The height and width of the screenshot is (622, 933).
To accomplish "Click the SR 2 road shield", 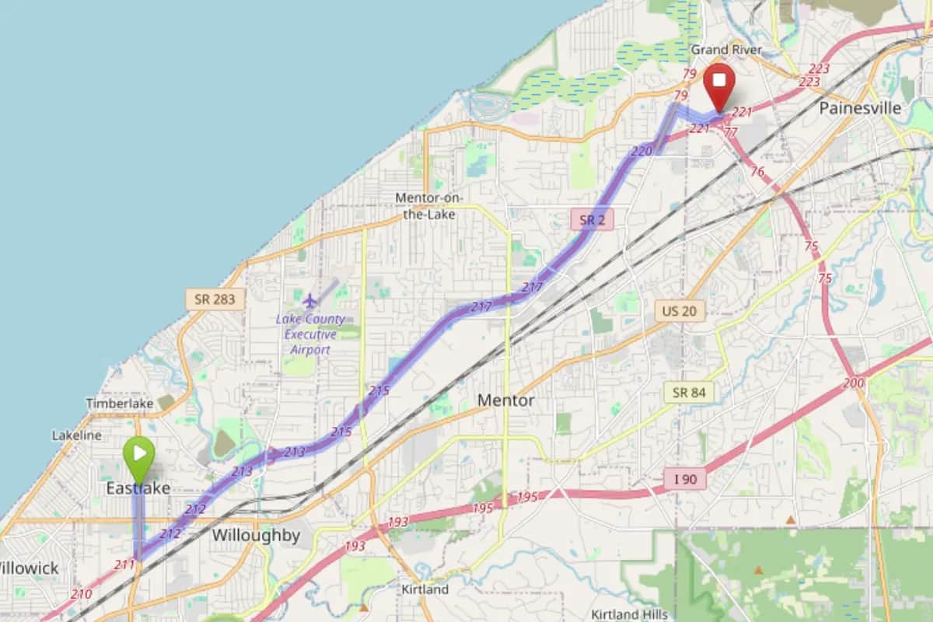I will pos(592,220).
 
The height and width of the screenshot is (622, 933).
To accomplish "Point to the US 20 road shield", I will pos(679,311).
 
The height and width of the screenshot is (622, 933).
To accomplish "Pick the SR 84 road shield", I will pos(689,392).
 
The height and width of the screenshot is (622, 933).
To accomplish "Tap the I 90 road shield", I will pos(685,479).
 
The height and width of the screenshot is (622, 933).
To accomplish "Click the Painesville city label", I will pos(860,108).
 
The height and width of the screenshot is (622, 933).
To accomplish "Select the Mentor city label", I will pos(505,400).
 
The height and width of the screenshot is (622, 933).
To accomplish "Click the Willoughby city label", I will pos(256,535).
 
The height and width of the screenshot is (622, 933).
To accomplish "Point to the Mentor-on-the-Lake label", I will pos(429,205).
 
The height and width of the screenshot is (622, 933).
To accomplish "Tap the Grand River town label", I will pos(726,50).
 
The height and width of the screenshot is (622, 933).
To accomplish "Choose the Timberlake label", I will pos(120,404).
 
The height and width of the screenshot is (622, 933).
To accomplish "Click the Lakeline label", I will pos(77,435).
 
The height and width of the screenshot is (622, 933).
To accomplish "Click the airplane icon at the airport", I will pos(310,300).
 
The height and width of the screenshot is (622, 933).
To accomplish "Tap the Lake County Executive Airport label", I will pos(310,334).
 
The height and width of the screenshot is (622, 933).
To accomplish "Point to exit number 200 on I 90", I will pos(853,383).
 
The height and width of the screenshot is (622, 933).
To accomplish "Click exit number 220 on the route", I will pos(641,152).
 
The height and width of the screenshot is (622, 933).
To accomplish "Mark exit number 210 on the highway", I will pos(81,594).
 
